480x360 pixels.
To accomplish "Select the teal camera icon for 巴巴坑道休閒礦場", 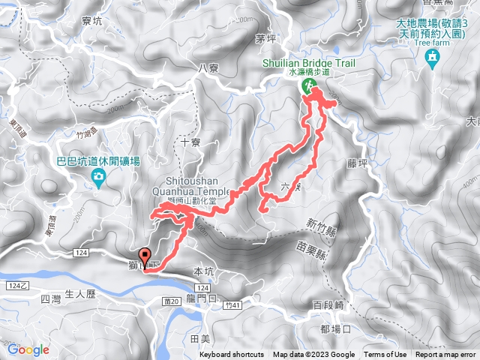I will pos(97,177).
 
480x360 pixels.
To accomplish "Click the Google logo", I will pos(28,349).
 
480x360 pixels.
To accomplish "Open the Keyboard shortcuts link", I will pos(232,355).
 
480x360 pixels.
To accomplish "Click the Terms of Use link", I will pos(385,355).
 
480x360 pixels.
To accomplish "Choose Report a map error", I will pos(445,355).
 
